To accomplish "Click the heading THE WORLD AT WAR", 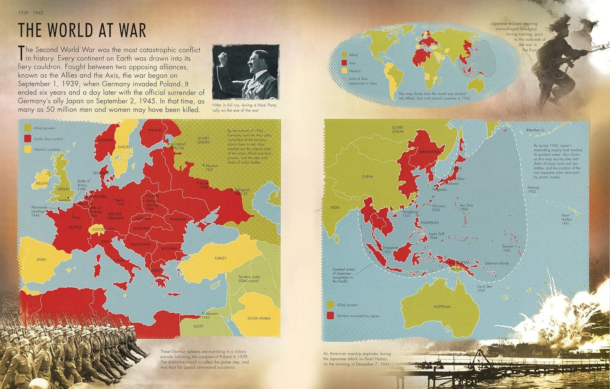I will pos(82,30).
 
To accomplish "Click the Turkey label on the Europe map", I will pos(220,258).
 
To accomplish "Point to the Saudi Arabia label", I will pos(259,318).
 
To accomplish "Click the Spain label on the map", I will pos(41,259).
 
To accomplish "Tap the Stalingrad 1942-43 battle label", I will pos(241,192).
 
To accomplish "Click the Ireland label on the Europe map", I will pos(42,184).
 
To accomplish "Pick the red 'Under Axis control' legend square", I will pos(28,138).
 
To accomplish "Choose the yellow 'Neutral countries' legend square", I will pos(28,149).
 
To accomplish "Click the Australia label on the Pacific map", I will pos(442,307).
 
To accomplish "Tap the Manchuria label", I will pos(429,152).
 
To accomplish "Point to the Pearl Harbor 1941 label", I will pos(566,219).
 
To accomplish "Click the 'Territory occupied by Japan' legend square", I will pos(330,316).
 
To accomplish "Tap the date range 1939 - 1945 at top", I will pos(30,13).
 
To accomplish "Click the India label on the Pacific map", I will pos(335,208).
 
